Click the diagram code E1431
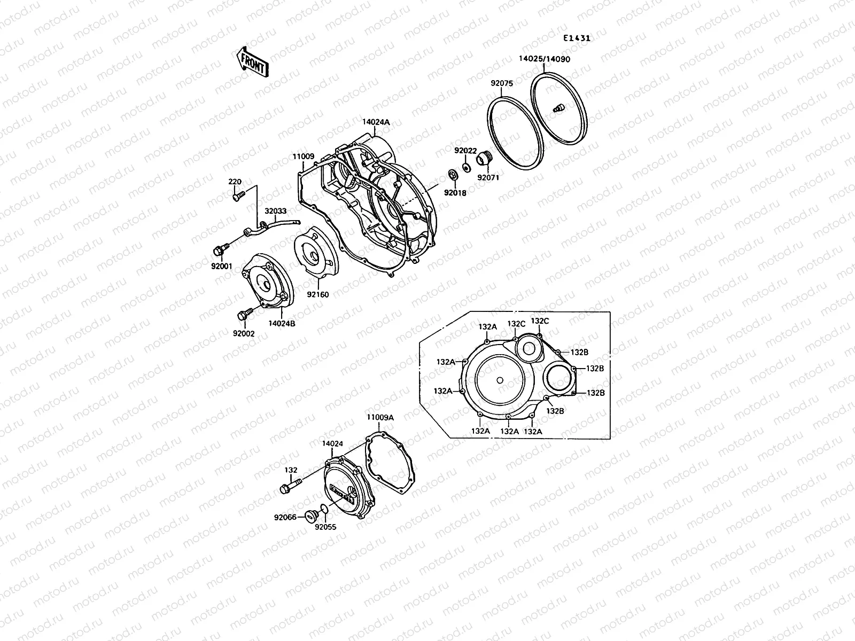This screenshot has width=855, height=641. point(577,38)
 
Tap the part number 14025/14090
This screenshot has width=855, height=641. point(544,59)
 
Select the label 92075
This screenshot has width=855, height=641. point(502,83)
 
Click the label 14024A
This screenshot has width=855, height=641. point(376,122)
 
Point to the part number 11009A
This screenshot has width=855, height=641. point(380,417)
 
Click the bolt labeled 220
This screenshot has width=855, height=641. point(238,196)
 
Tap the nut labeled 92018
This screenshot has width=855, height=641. point(452,175)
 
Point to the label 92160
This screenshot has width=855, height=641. point(317,294)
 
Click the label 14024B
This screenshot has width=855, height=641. point(282,323)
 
